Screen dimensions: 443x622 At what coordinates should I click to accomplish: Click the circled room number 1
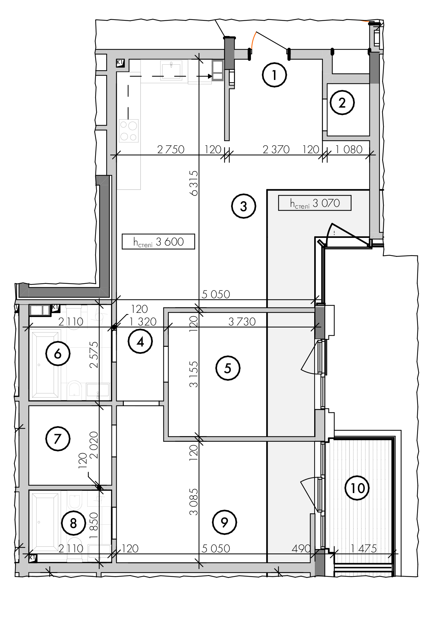(x=274, y=75)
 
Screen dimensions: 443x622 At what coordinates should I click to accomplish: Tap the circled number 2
(x=342, y=103)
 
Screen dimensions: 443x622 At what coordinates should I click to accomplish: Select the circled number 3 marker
(x=244, y=206)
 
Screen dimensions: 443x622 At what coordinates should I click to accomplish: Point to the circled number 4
(x=140, y=341)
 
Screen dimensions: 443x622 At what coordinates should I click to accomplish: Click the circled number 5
(x=228, y=368)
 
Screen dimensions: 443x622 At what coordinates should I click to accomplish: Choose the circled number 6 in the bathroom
(x=58, y=353)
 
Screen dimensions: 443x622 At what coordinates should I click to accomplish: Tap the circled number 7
(x=58, y=438)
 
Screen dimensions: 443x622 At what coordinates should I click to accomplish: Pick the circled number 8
(x=74, y=523)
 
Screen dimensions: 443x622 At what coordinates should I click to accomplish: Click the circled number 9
(x=225, y=522)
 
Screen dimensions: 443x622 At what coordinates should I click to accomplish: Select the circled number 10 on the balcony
(x=357, y=488)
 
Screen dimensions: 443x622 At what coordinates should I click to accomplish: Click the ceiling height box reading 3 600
(x=158, y=242)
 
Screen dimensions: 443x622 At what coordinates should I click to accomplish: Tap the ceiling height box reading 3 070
(x=315, y=203)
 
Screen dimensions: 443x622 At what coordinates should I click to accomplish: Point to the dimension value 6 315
(x=194, y=183)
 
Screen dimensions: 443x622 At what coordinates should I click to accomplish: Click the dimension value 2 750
(x=171, y=149)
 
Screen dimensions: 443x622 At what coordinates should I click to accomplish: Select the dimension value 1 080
(x=349, y=149)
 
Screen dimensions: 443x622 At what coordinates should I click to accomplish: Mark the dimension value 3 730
(x=242, y=321)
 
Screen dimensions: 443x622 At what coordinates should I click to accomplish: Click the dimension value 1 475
(x=364, y=548)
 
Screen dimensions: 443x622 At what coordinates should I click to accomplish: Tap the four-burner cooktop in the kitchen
(x=129, y=131)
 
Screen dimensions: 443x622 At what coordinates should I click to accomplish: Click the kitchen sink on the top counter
(x=171, y=71)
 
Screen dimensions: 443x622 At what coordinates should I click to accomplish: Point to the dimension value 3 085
(x=194, y=502)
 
